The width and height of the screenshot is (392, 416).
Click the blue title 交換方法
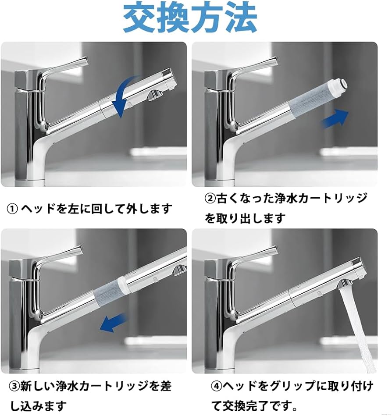[x=189, y=18]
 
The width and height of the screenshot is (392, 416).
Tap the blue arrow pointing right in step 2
[x=335, y=118]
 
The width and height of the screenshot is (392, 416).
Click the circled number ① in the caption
[x=12, y=209]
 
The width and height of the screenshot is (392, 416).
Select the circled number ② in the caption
[x=210, y=199]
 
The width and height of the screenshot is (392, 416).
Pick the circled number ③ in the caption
[x=14, y=386]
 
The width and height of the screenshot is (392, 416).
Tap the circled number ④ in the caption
[x=216, y=386]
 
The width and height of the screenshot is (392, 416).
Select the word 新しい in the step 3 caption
[x=40, y=386]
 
